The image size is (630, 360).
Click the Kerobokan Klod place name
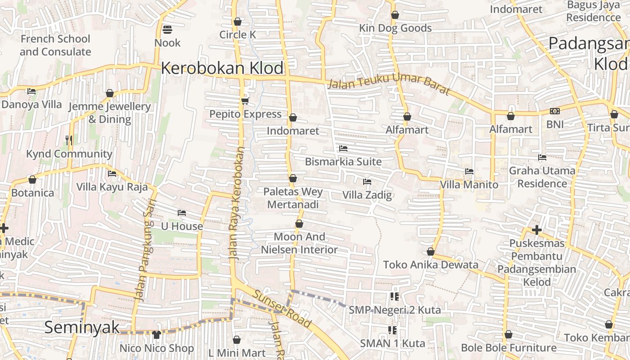pyautogui.click(x=222, y=68)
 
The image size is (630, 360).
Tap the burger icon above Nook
pyautogui.click(x=167, y=30)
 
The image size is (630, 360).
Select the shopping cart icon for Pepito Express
pyautogui.click(x=245, y=101)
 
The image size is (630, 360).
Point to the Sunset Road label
pyautogui.click(x=282, y=309)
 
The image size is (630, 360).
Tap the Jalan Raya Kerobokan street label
pyautogui.click(x=236, y=202)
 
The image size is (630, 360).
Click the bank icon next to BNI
pyautogui.click(x=554, y=111)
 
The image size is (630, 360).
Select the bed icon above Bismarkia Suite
pyautogui.click(x=343, y=148)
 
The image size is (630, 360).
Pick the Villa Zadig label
pyautogui.click(x=367, y=195)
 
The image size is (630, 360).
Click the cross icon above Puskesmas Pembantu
pyautogui.click(x=536, y=230)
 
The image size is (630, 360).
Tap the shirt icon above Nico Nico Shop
pyautogui.click(x=156, y=334)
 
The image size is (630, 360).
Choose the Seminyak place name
pyautogui.click(x=82, y=327)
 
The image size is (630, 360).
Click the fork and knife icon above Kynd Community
pyautogui.click(x=69, y=140)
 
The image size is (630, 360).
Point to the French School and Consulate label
pyautogui.click(x=55, y=45)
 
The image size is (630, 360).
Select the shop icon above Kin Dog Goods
pyautogui.click(x=395, y=15)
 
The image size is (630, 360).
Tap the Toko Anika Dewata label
pyautogui.click(x=431, y=265)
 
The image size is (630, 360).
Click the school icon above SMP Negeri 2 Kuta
pyautogui.click(x=395, y=296)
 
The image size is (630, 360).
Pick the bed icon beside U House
pyautogui.click(x=182, y=212)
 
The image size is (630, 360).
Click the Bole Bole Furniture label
pyautogui.click(x=508, y=348)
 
